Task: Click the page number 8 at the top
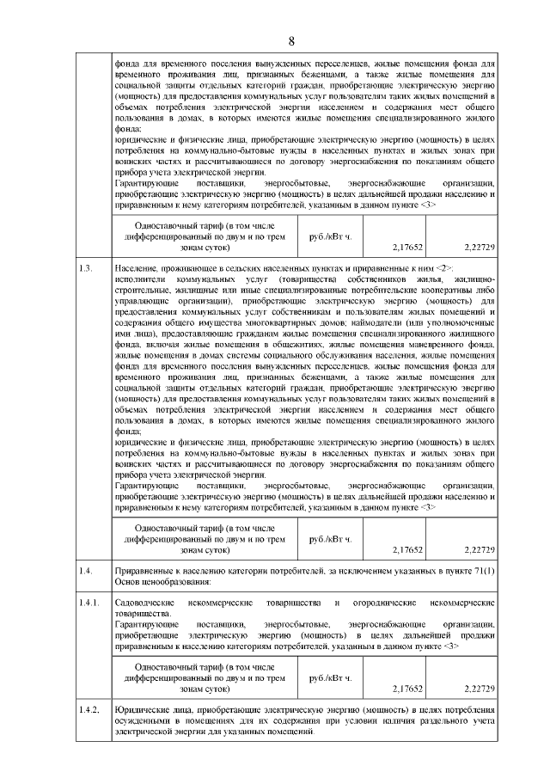pyautogui.click(x=291, y=40)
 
